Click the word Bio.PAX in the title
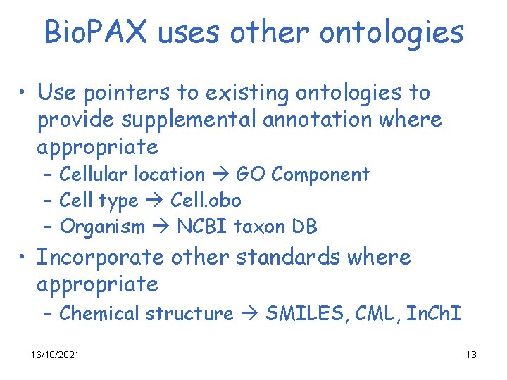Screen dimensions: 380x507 [x=99, y=32]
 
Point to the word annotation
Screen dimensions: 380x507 [x=316, y=120]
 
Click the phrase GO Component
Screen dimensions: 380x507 [x=303, y=174]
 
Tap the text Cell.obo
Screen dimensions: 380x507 [x=206, y=201]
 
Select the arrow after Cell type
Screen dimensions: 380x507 [x=154, y=201]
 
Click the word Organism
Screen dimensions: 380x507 [x=102, y=227]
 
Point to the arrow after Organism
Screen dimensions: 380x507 [x=161, y=227]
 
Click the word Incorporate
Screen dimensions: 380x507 [x=99, y=258]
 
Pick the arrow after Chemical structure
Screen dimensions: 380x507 [x=249, y=313]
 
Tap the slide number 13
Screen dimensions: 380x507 [x=471, y=355]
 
